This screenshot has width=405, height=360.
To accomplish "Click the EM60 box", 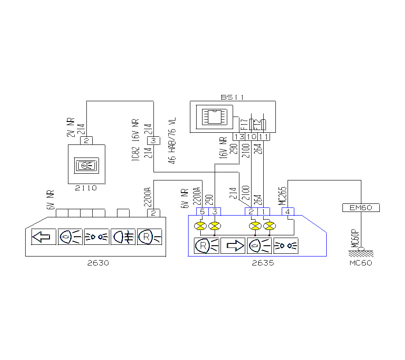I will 361,208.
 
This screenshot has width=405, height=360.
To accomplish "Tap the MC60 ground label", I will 360,263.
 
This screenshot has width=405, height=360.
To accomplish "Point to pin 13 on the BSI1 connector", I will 238,136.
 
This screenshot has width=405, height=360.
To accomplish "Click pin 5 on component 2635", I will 202,211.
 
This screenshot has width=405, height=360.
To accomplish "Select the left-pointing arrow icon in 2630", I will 44,236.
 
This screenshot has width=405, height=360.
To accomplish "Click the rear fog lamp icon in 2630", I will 123,236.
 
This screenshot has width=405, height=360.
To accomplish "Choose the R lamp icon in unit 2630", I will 149,236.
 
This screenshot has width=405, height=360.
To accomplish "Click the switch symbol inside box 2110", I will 85,165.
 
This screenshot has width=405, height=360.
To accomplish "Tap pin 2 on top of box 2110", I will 86,141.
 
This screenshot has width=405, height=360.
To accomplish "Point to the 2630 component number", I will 98,263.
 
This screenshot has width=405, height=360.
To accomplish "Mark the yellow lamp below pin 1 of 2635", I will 269,225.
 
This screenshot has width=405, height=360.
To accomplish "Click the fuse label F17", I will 243,124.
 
